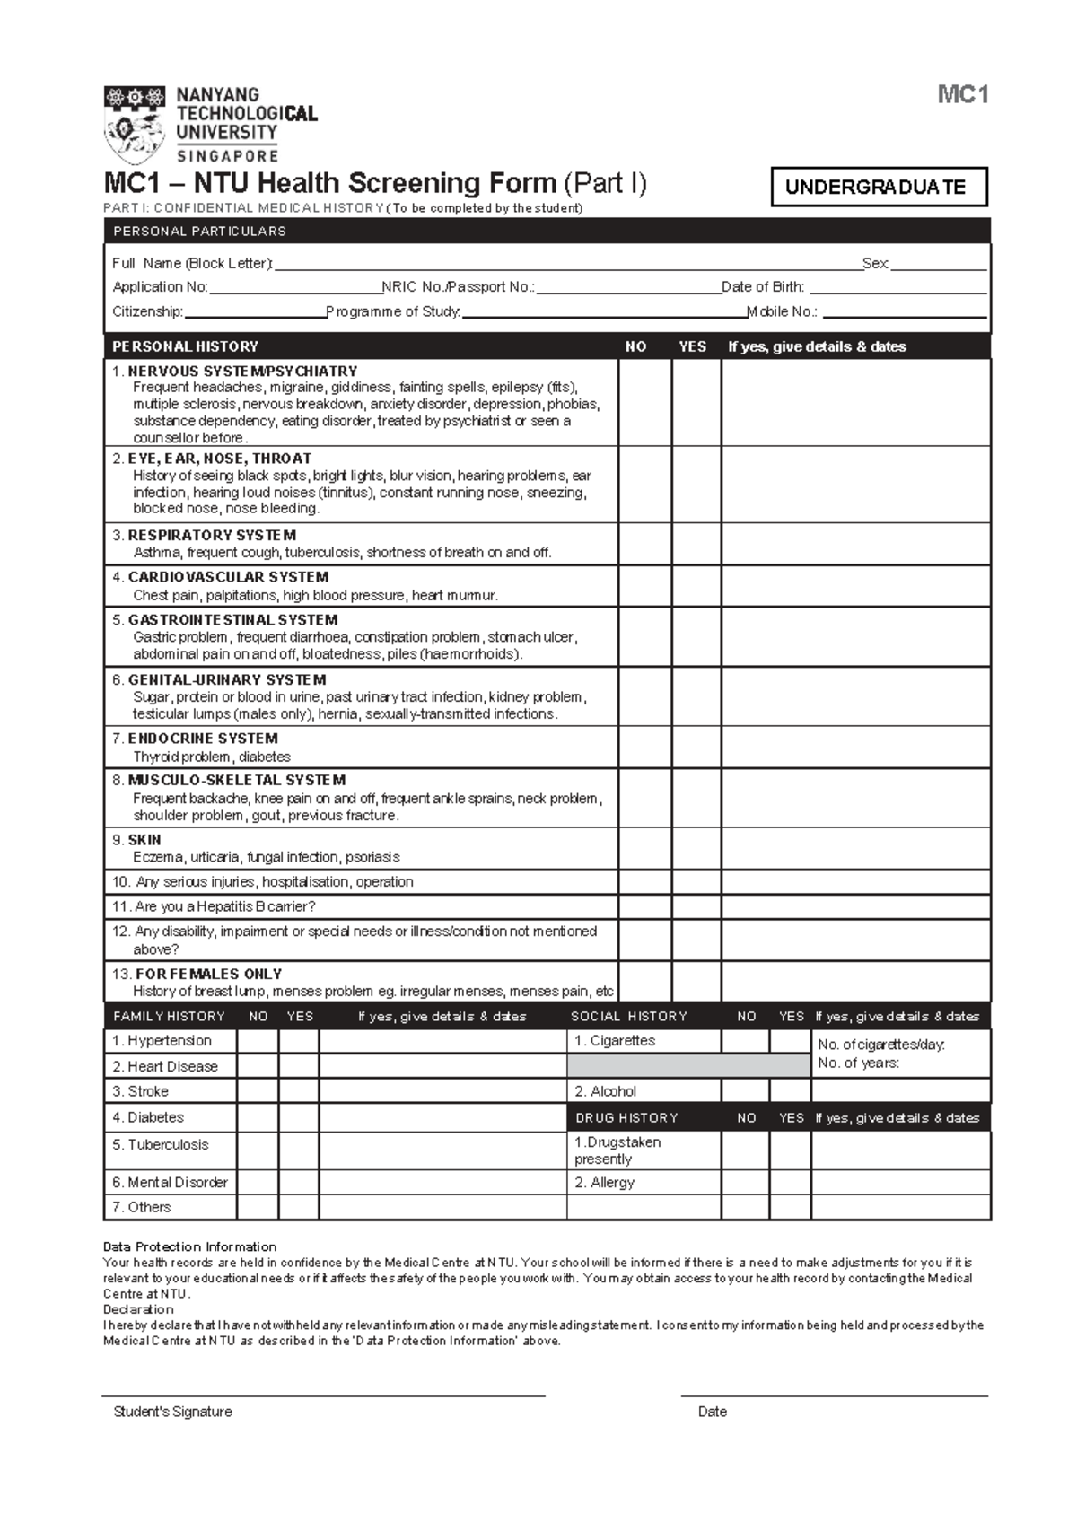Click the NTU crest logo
[135, 126]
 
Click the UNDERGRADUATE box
[879, 187]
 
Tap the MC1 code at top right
[962, 94]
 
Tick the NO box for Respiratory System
[644, 544]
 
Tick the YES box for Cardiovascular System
[696, 586]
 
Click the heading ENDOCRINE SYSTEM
[203, 739]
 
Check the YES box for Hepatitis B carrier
[696, 906]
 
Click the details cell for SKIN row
[855, 848]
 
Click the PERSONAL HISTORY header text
[185, 346]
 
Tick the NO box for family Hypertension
[258, 1041]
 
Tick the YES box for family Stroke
[299, 1091]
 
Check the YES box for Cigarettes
[790, 1041]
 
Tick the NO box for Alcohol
[745, 1091]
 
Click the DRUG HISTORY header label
[626, 1118]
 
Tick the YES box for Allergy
[790, 1183]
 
